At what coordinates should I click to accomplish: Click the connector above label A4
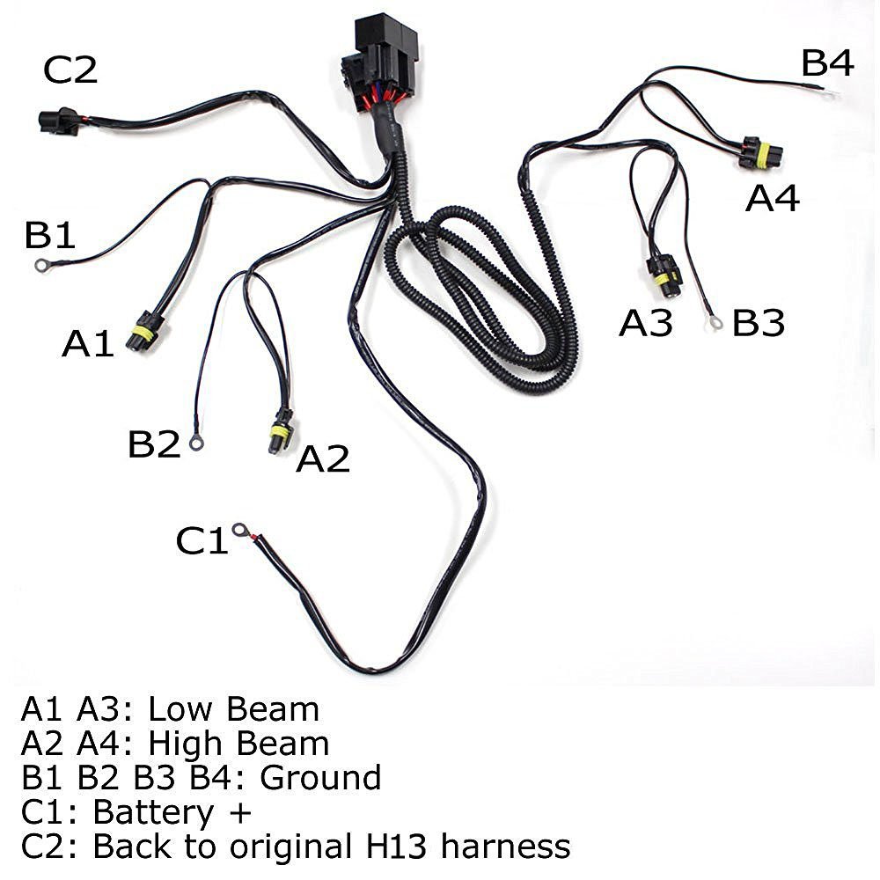coord(759,152)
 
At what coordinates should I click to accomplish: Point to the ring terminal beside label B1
coord(41,264)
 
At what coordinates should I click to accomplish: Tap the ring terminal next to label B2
coord(196,444)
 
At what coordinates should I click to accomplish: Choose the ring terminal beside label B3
coord(715,323)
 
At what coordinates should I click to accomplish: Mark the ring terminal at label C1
coord(238,531)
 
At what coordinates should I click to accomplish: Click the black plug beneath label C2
coord(58,121)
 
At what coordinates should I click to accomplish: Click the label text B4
coord(827,63)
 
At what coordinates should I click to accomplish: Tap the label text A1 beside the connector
coord(88,343)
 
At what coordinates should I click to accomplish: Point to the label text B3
coord(759,324)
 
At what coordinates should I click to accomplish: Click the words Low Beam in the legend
coord(232,709)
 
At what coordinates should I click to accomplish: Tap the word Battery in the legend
coord(156,812)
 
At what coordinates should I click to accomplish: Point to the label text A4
coord(773,199)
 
